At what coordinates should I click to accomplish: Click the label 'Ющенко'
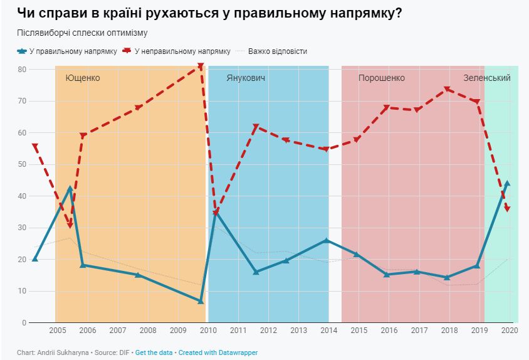83,78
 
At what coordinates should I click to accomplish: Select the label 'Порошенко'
381,78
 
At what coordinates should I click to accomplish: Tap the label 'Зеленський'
486,78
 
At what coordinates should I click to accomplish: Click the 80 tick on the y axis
21,69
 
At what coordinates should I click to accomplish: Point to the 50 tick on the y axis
21,164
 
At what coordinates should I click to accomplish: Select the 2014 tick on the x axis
328,331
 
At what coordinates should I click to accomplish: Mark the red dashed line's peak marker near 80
201,66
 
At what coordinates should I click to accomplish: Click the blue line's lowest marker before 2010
201,302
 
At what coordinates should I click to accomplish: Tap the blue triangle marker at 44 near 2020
507,183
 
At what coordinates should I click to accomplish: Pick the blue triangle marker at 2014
327,240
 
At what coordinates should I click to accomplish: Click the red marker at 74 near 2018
448,89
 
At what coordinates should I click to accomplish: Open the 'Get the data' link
154,352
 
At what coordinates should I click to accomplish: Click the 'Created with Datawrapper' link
217,352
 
